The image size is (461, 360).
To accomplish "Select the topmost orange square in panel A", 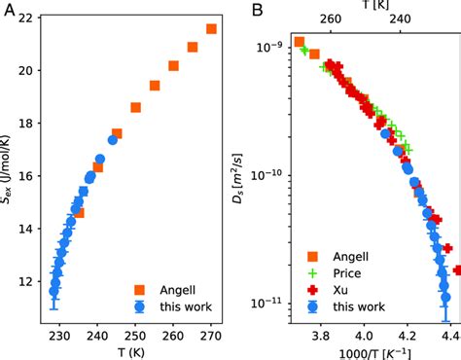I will click(x=211, y=29).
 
